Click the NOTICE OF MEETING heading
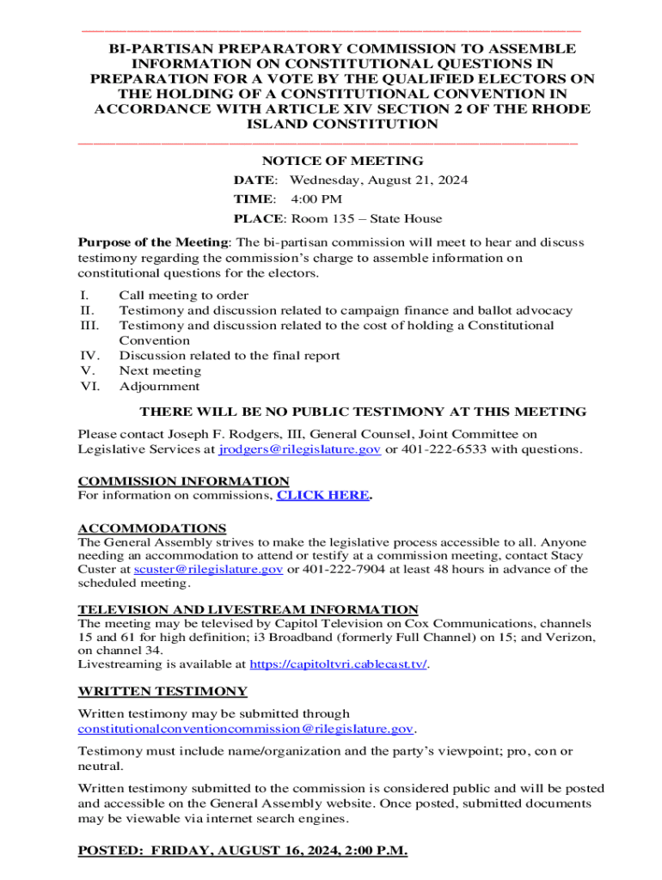click(x=342, y=161)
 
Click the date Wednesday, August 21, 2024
click(x=378, y=180)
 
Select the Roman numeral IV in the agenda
click(x=89, y=356)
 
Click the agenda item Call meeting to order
click(x=172, y=296)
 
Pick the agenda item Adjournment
click(x=159, y=387)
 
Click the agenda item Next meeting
click(x=160, y=371)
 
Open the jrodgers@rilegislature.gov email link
click(x=300, y=449)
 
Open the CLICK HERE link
click(x=322, y=496)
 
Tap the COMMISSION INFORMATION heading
click(x=183, y=481)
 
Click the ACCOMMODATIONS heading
click(x=152, y=529)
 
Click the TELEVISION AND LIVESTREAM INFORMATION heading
click(x=248, y=609)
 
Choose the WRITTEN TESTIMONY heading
click(x=162, y=691)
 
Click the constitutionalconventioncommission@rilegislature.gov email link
click(x=246, y=729)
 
